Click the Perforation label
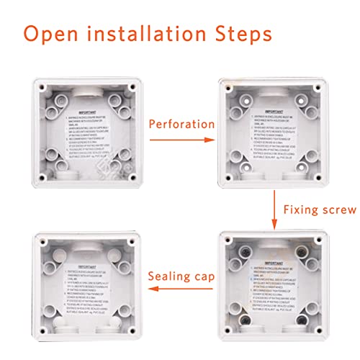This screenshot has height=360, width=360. click(181, 124)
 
